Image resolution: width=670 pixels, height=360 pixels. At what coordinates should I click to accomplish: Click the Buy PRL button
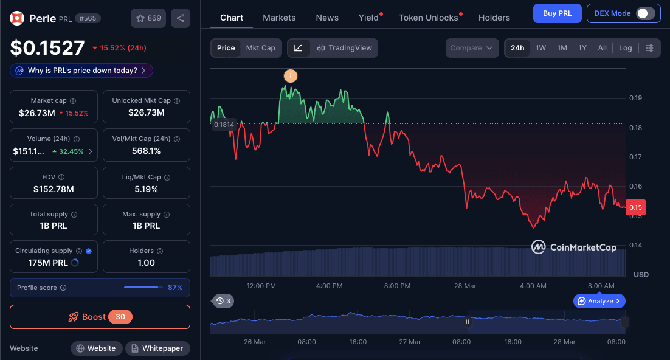(557, 13)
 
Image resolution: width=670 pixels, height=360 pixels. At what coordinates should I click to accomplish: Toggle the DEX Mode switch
(645, 13)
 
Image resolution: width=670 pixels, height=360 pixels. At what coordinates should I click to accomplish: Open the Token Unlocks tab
(428, 18)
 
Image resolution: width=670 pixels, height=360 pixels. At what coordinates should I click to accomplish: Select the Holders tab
(494, 18)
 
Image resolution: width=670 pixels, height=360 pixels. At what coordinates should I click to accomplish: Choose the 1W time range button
(540, 48)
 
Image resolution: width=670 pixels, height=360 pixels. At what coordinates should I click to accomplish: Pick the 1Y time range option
(582, 48)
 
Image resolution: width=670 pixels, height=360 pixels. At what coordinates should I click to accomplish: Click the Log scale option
(625, 48)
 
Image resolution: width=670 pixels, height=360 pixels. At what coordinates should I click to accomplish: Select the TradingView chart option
(344, 48)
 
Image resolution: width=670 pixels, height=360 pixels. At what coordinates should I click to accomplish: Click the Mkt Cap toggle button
(260, 48)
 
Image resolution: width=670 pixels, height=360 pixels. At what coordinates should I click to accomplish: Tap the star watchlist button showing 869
(148, 18)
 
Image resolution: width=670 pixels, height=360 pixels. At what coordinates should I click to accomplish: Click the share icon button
(181, 18)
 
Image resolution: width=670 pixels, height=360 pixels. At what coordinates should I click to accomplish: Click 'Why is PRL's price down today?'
(81, 71)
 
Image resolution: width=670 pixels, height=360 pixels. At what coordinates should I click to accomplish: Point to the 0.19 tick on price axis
(635, 98)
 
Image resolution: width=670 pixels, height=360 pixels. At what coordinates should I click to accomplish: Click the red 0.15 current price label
(635, 207)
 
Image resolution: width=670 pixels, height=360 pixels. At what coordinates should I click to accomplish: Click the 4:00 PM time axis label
(329, 286)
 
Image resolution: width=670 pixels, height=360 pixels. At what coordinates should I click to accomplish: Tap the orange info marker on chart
(291, 76)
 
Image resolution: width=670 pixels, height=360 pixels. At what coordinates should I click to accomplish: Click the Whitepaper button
(157, 348)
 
